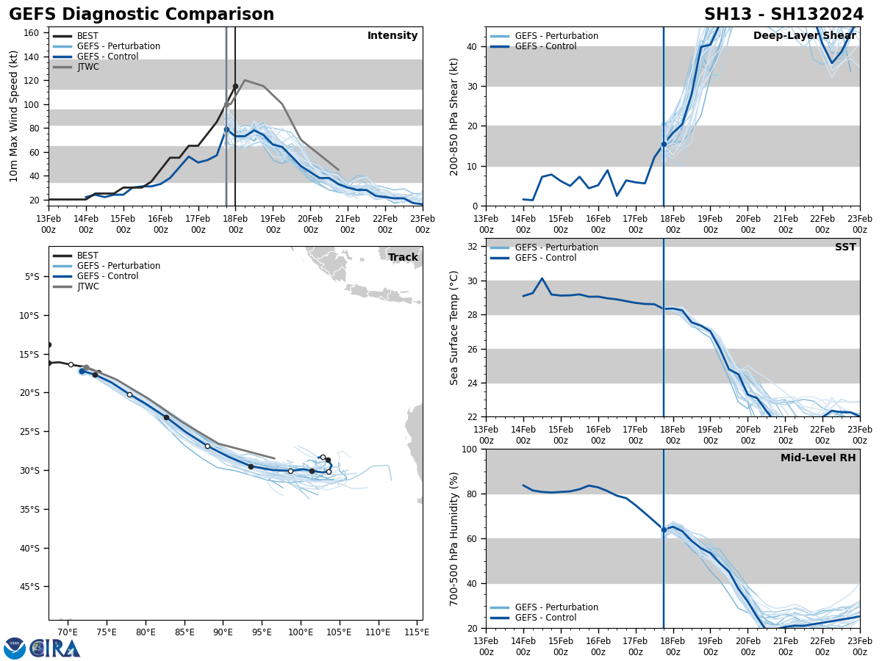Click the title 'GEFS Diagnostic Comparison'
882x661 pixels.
pos(141,15)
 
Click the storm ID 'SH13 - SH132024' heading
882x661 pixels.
pos(784,15)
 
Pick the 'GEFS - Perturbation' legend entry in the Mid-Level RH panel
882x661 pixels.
pos(556,607)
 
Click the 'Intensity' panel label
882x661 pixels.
pos(392,36)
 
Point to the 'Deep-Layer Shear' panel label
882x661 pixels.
pos(804,36)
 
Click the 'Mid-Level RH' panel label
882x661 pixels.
pos(818,458)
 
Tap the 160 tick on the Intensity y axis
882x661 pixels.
pos(32,33)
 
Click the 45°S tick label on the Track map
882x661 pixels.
pos(32,587)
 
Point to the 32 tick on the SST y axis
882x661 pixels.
pos(473,247)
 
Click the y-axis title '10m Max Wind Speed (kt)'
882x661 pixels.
pos(15,116)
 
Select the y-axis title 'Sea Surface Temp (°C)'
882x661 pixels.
pos(454,328)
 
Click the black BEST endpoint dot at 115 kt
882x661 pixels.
pos(235,86)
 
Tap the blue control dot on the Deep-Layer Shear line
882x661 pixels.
pos(664,145)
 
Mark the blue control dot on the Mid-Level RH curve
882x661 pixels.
pos(664,530)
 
